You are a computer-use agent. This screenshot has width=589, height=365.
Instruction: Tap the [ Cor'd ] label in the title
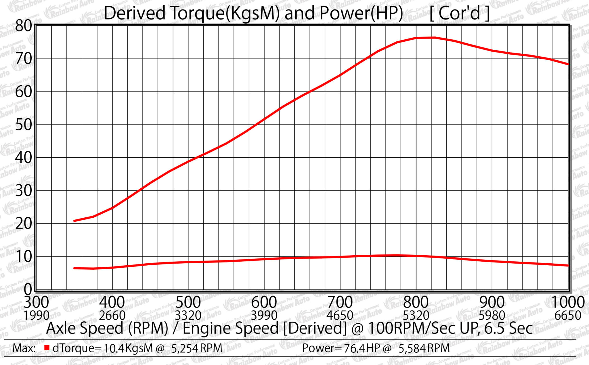459,13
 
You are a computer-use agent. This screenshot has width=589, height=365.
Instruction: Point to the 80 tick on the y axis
23,26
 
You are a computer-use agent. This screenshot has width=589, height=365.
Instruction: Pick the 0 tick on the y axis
28,289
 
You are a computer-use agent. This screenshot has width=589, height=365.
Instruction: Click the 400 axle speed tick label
112,302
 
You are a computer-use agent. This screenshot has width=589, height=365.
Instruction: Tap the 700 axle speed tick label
340,302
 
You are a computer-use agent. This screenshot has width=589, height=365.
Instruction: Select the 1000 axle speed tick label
567,302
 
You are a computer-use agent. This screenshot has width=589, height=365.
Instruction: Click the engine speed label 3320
188,316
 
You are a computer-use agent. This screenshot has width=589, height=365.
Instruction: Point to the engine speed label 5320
416,316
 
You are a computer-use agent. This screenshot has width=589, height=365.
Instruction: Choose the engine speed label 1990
36,316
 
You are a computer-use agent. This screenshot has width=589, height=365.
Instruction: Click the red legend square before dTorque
47,348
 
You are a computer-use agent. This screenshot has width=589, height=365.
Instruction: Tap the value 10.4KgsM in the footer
128,348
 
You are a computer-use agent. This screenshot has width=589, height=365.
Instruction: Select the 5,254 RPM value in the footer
197,348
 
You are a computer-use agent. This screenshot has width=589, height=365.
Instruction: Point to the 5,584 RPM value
424,348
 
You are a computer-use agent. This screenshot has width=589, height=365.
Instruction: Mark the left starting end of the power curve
74,221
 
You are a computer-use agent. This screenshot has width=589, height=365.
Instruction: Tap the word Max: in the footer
24,348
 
